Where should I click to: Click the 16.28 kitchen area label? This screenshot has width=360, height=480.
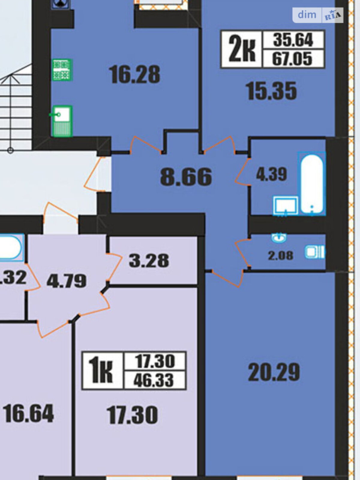[134, 75]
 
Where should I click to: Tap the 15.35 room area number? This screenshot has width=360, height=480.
[271, 91]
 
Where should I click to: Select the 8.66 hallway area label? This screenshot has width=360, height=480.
[186, 177]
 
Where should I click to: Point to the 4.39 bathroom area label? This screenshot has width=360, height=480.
[271, 174]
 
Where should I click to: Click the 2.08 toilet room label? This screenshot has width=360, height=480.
[280, 255]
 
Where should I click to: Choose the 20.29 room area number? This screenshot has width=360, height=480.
[274, 372]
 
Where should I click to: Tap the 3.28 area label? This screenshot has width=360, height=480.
[149, 261]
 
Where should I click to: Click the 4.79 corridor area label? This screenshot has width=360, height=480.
[66, 281]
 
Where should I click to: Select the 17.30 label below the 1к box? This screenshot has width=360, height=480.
[132, 415]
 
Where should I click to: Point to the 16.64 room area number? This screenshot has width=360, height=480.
[28, 413]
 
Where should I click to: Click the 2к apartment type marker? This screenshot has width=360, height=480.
[242, 49]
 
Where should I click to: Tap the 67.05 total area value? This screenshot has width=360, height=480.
[292, 59]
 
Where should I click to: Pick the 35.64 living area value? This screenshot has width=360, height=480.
[293, 40]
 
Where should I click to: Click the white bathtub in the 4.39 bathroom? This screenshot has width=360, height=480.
[312, 184]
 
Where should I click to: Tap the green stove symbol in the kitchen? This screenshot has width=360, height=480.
[62, 70]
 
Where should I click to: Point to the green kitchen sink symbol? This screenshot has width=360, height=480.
[62, 121]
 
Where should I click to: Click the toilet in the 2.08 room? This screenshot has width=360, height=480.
[315, 252]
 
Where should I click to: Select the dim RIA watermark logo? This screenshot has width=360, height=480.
[318, 15]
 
